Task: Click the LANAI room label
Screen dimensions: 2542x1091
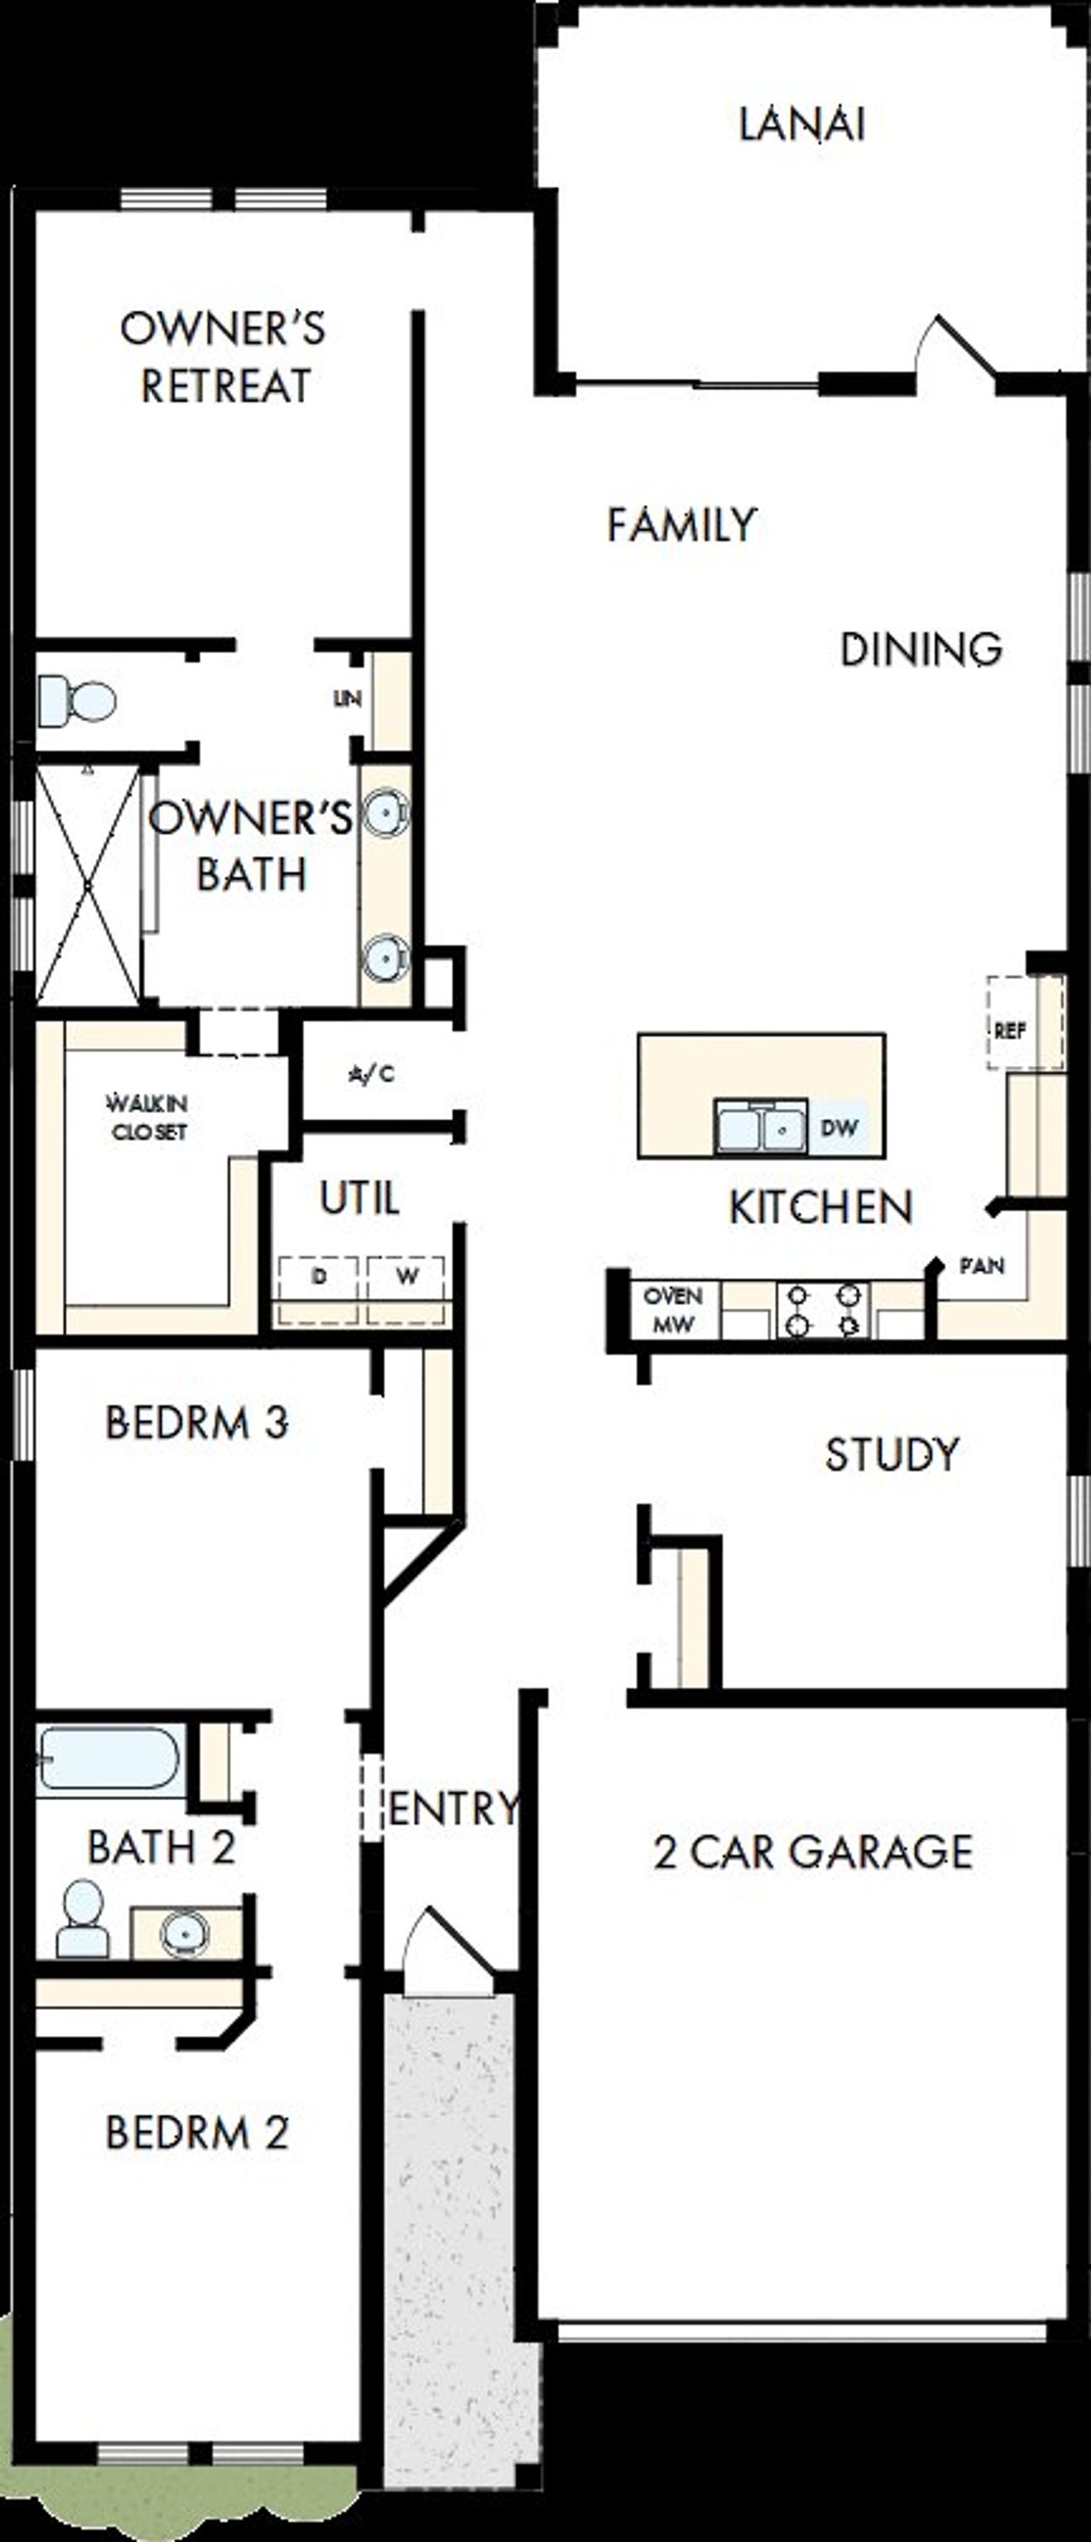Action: pos(802,125)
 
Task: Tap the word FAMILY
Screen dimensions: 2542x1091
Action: pos(681,525)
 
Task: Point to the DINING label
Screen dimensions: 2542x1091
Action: pos(921,649)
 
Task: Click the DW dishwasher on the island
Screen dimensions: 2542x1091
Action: pos(839,1128)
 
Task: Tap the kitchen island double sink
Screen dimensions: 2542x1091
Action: pos(760,1128)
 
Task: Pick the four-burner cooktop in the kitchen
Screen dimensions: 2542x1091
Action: pos(823,1310)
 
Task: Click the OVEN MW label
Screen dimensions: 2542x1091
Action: pos(672,1311)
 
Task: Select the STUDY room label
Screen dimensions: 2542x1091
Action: pos(892,1455)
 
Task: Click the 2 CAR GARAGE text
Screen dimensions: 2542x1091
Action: pos(813,1852)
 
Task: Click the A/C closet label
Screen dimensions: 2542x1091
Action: pos(372,1074)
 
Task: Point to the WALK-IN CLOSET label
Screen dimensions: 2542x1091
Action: pos(148,1118)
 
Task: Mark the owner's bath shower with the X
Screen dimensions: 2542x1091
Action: pos(88,884)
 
